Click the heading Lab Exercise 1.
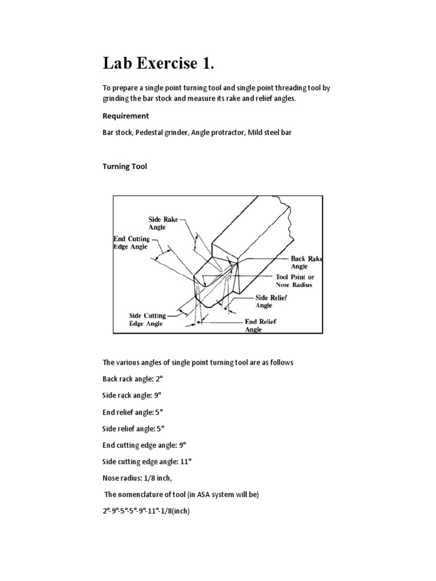(x=158, y=64)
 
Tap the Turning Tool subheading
(x=125, y=166)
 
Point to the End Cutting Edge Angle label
(x=132, y=243)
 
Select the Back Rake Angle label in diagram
(x=306, y=262)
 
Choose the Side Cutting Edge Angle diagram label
(x=146, y=319)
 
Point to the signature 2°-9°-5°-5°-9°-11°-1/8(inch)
(x=146, y=511)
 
